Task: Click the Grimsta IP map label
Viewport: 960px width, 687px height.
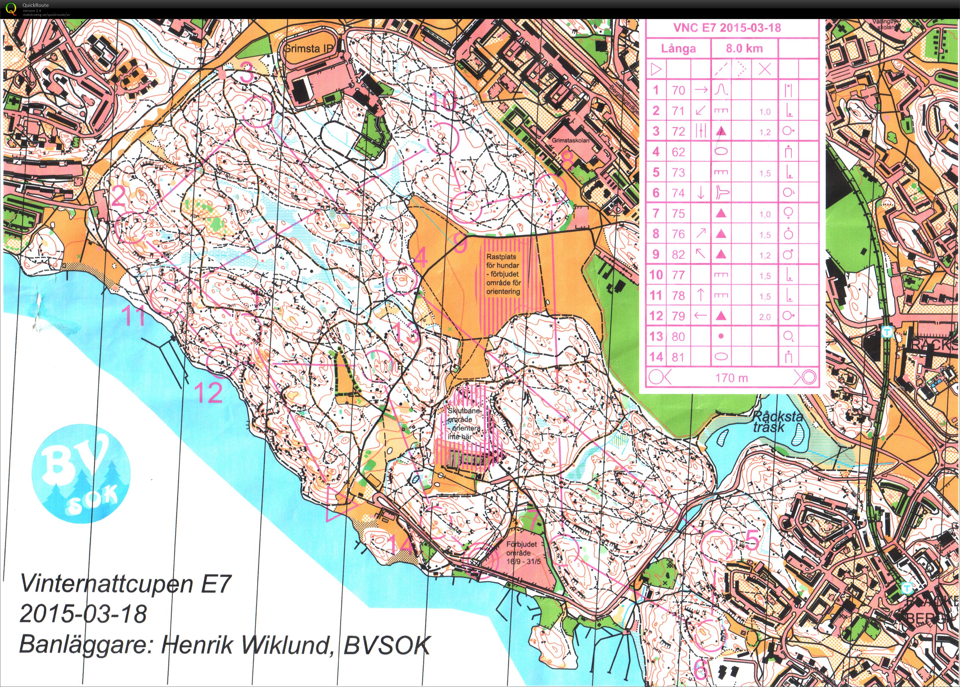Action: click(308, 48)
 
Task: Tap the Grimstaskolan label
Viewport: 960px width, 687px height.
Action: click(570, 140)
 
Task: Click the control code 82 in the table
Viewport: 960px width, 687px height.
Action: click(678, 254)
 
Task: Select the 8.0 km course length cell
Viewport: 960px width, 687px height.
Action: click(744, 48)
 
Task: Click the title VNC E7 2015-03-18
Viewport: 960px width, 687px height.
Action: click(727, 28)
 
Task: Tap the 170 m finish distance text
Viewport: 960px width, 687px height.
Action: click(732, 377)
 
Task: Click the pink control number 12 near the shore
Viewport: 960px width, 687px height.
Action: click(208, 393)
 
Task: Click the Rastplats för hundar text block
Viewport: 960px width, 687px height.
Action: click(503, 274)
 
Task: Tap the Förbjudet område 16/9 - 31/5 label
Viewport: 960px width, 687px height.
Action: click(523, 553)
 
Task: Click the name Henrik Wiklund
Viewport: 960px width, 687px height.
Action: click(247, 645)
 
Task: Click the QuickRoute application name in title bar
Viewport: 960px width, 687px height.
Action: click(36, 5)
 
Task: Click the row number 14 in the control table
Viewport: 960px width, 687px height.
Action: click(656, 357)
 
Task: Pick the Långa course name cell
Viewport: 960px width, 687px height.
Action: click(678, 49)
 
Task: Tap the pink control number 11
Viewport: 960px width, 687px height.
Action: click(133, 316)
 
